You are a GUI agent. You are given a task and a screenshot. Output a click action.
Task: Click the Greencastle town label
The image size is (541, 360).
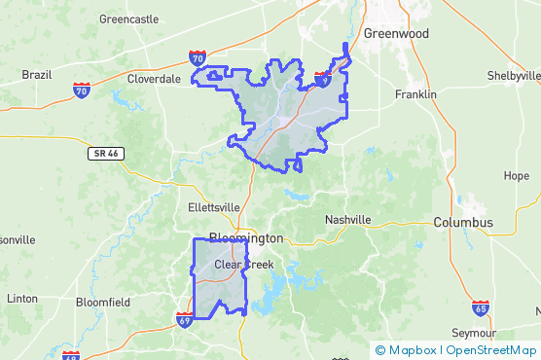128,18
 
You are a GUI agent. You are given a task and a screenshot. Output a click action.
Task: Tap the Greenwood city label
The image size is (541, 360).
396,33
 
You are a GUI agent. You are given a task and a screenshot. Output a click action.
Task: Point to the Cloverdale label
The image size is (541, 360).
155,78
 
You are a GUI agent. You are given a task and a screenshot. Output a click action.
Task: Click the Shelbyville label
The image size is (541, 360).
514,75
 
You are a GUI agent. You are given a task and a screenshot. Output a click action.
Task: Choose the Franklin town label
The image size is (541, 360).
415,94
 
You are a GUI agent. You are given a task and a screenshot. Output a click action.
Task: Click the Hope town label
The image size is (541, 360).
517,176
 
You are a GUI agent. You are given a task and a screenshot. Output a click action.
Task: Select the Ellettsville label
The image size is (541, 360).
213,207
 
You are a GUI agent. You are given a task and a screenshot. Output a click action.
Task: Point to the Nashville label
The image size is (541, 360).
347,220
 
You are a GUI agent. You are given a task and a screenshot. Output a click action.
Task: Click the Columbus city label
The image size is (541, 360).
463,223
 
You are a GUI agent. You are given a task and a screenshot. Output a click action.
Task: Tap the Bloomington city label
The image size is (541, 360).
245,238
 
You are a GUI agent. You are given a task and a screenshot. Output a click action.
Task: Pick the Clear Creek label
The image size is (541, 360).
244,265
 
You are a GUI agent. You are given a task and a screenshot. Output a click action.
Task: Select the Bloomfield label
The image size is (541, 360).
103,303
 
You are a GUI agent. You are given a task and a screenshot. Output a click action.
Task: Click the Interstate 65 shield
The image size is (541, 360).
480,307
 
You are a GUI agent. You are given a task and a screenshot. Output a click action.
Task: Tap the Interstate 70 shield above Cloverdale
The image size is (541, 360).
198,59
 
